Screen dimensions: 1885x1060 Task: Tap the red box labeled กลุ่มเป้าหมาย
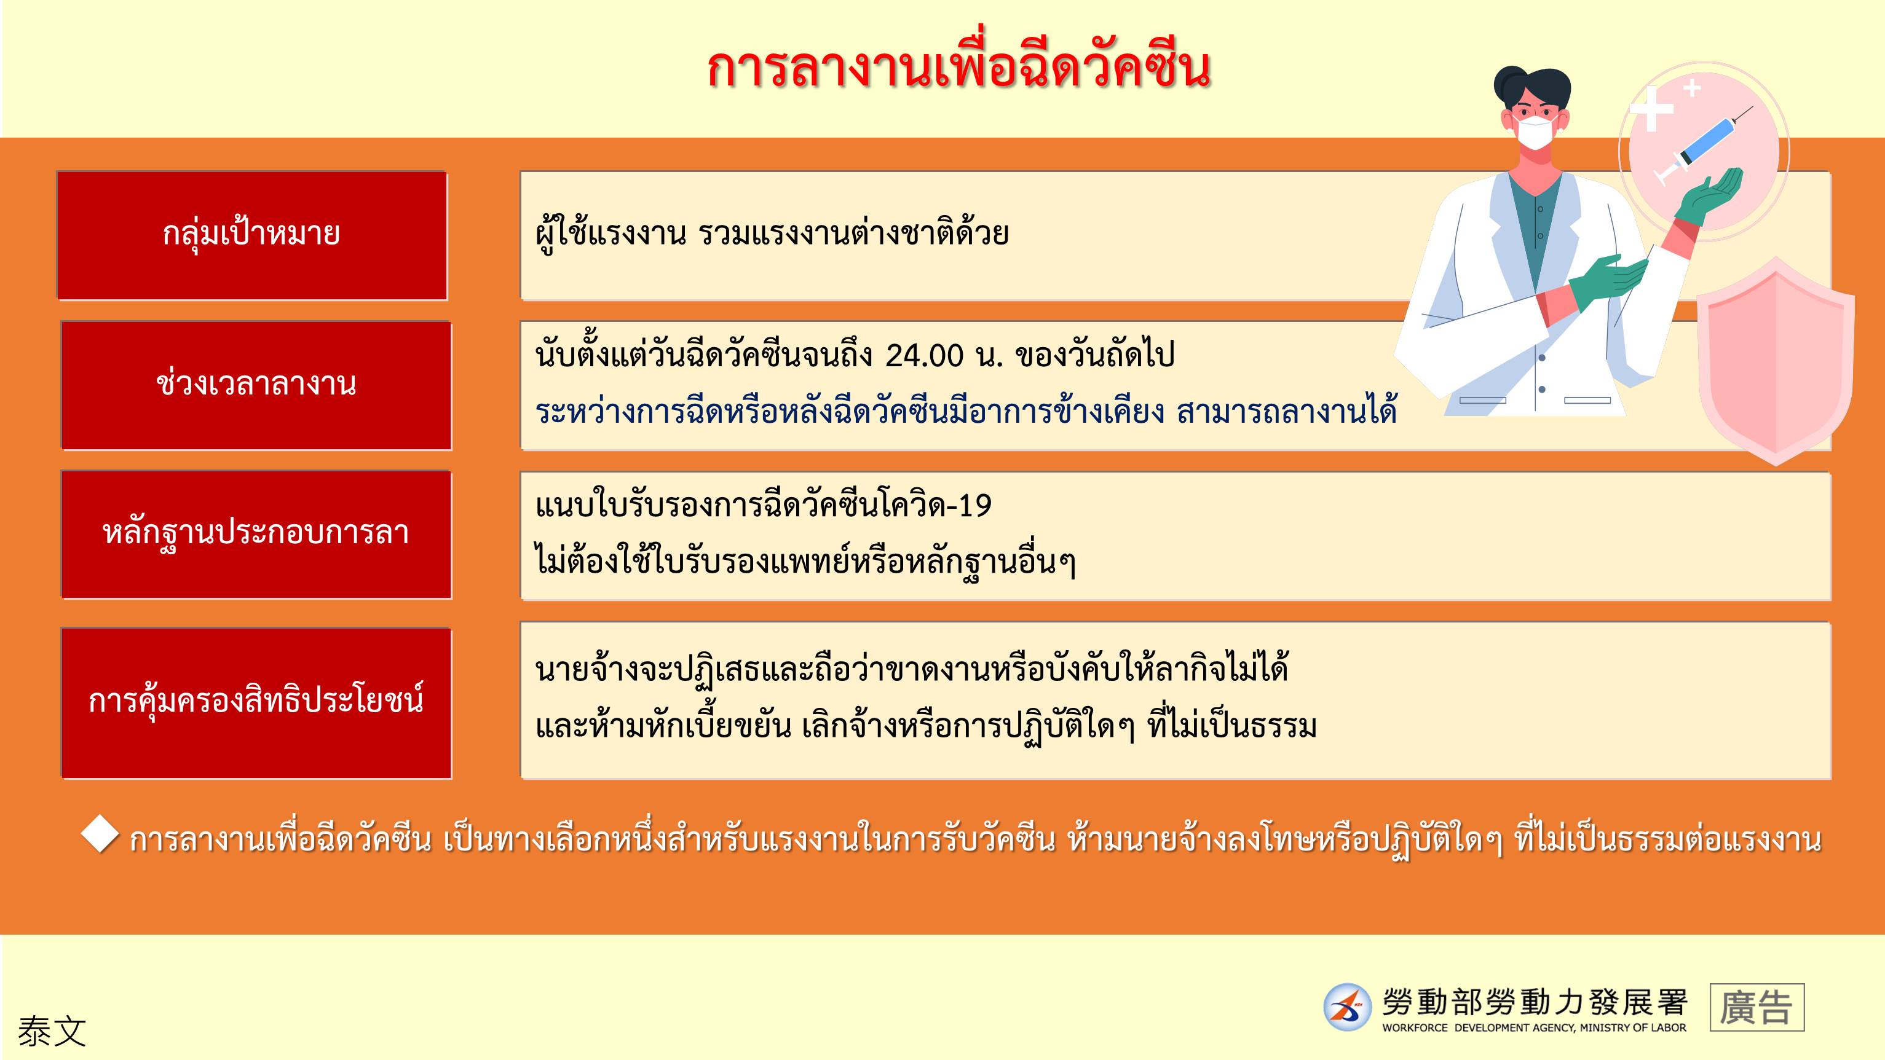coord(251,235)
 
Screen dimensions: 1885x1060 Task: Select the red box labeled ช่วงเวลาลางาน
coord(256,385)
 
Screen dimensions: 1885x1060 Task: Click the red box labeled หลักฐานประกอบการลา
coord(256,535)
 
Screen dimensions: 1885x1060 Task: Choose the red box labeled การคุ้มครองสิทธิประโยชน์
coord(256,703)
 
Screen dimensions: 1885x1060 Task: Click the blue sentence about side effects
coord(966,412)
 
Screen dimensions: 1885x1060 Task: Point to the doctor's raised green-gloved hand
coord(1717,196)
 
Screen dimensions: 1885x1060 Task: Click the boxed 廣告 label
coord(1757,1007)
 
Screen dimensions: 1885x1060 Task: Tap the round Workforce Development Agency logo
coord(1347,1007)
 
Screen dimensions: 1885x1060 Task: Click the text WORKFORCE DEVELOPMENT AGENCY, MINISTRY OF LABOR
coord(1534,1028)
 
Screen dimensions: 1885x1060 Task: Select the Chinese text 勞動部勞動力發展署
coord(1535,1002)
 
